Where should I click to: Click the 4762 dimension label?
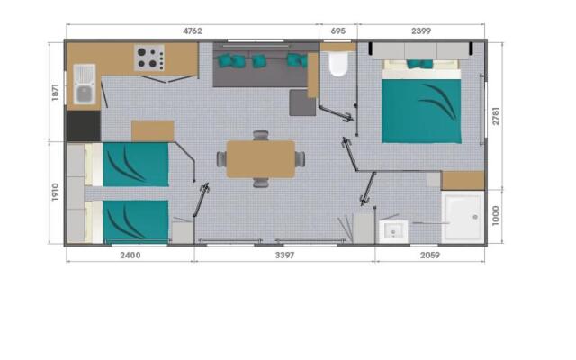click(193, 31)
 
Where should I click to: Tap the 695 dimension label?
click(338, 31)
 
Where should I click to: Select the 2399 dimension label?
click(421, 31)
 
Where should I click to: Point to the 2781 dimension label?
click(496, 116)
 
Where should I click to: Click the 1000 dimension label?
click(496, 216)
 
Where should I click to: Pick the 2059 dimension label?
click(430, 255)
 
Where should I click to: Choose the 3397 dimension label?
click(284, 255)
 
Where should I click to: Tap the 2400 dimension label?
click(130, 255)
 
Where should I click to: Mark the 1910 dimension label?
click(55, 192)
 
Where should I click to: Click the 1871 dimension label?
click(55, 92)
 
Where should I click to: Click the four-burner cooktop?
click(149, 58)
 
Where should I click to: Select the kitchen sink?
click(84, 84)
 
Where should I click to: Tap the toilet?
click(338, 64)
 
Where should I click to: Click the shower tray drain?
click(475, 217)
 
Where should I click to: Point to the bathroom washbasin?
click(393, 232)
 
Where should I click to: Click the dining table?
click(261, 159)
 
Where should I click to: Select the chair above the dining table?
click(261, 135)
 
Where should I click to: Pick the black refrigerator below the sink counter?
click(84, 126)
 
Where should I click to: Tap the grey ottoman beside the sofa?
click(302, 103)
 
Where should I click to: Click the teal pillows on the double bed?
click(420, 64)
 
